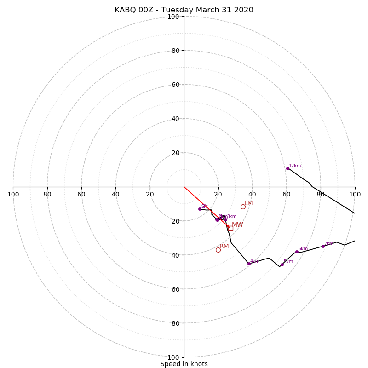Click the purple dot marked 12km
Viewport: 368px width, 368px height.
287,168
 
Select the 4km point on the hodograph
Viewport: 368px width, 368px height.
249,264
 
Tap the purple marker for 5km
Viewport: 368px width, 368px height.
282,264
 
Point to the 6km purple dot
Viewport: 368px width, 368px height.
297,252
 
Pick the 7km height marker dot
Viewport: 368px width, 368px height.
323,246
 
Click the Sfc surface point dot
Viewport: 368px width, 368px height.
200,209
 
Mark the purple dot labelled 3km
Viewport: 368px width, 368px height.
225,219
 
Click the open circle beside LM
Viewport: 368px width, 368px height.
243,207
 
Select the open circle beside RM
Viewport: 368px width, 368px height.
218,250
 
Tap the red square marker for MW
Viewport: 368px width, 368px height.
230,228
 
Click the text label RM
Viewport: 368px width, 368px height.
224,247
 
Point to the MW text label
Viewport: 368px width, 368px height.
237,225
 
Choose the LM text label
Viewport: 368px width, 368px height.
248,203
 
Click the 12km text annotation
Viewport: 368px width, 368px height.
295,166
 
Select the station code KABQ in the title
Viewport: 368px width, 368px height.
125,10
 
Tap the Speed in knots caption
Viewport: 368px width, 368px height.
184,364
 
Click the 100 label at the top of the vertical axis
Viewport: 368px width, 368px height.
173,17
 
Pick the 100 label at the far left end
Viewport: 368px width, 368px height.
13,194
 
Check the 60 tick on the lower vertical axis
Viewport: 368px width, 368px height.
175,289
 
